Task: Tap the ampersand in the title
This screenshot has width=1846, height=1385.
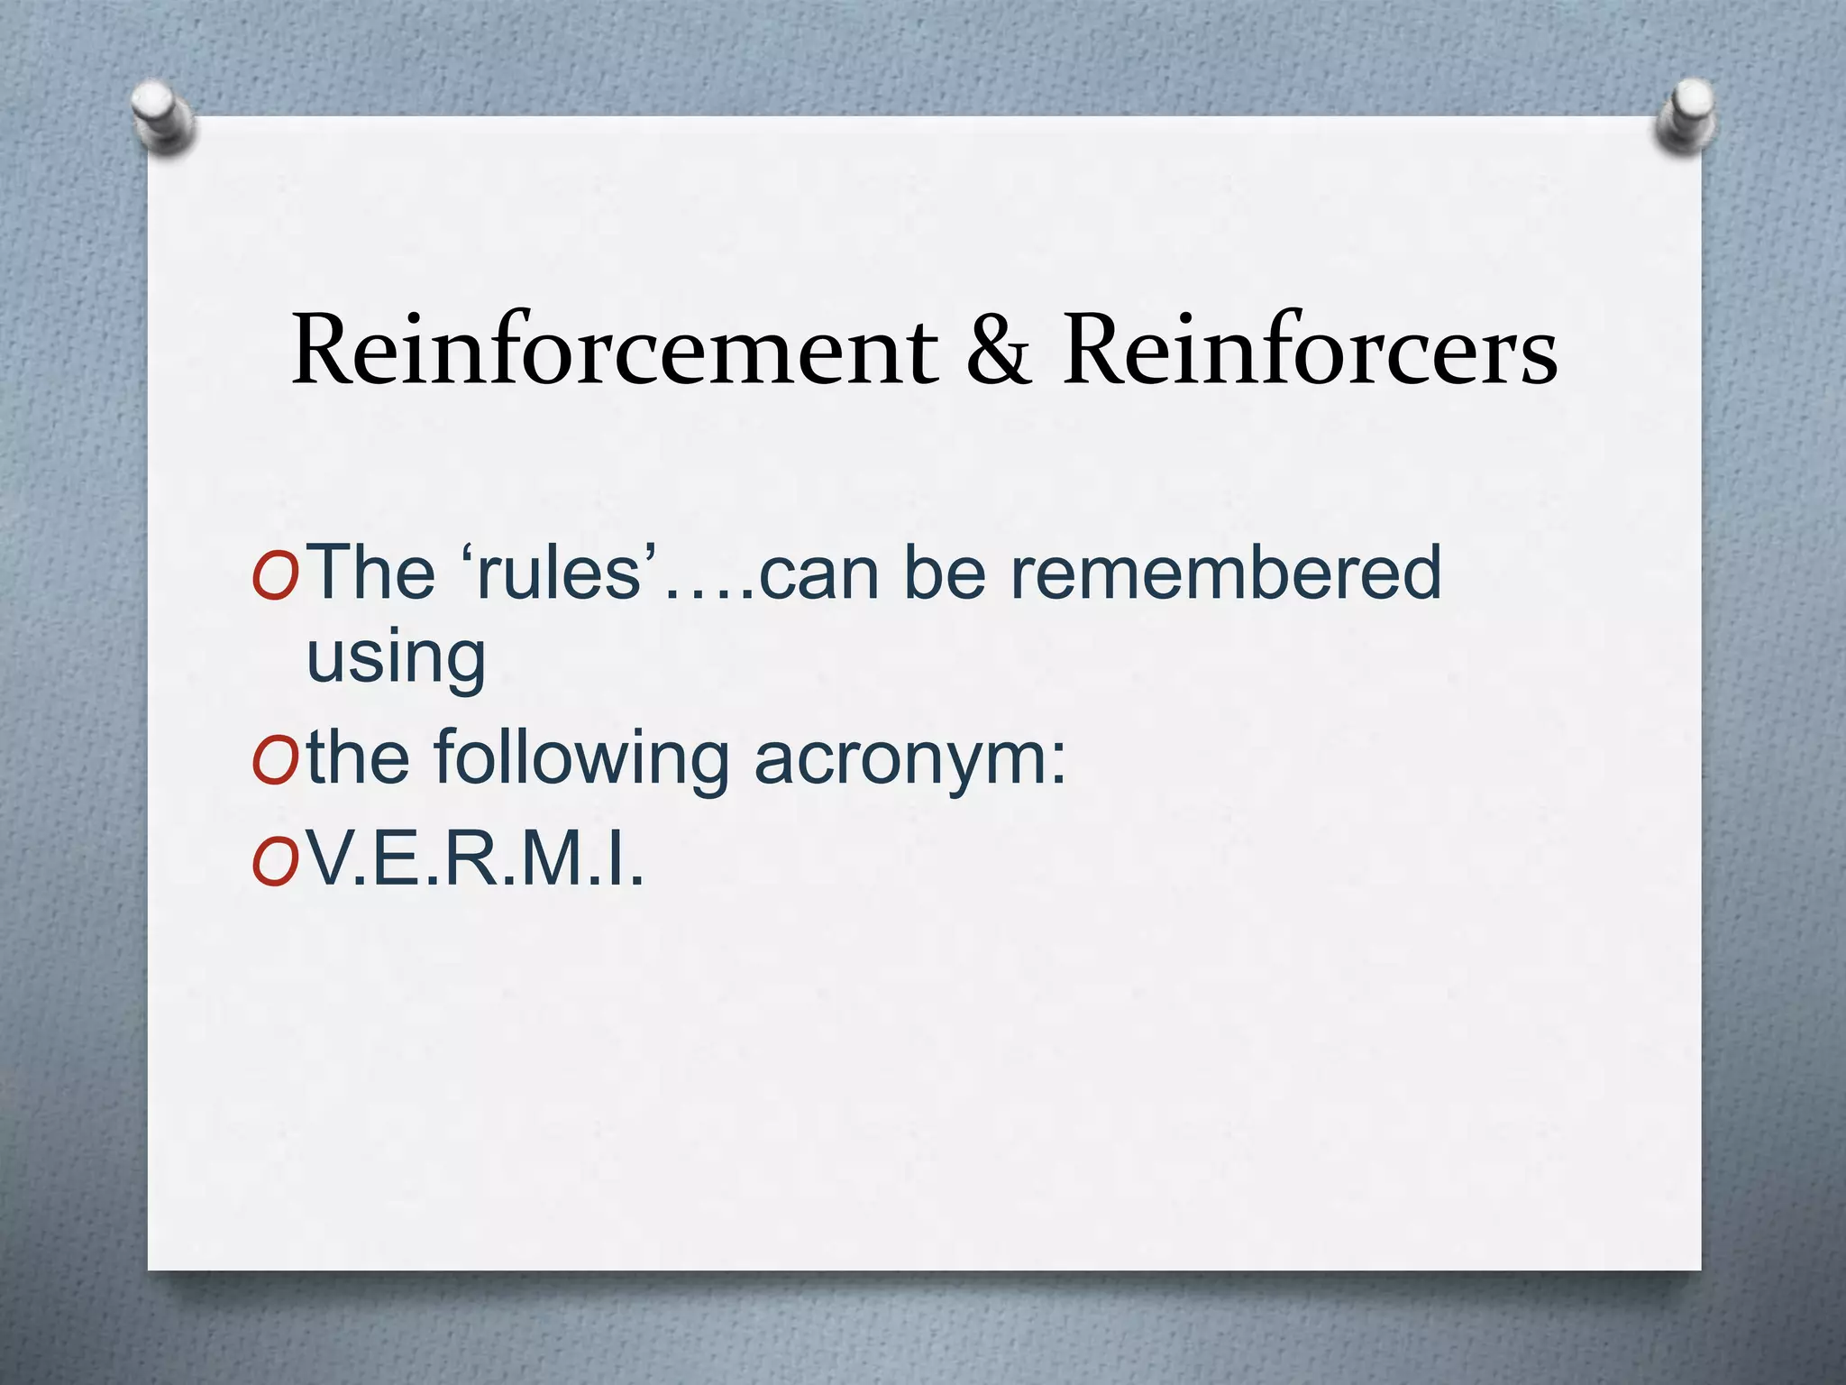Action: click(x=998, y=352)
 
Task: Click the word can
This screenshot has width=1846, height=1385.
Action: click(x=818, y=573)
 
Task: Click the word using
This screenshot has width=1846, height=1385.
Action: click(x=397, y=658)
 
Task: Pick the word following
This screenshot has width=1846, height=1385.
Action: click(x=581, y=759)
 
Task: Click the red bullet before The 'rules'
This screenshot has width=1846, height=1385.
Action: click(x=274, y=575)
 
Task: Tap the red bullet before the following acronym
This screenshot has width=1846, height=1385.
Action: click(x=274, y=761)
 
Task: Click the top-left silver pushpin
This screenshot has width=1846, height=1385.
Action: click(x=162, y=117)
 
